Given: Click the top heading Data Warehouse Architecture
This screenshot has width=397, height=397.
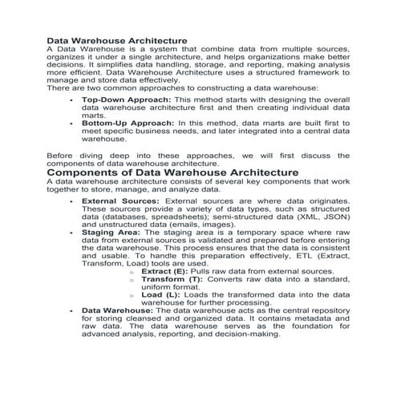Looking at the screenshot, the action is click(x=117, y=38).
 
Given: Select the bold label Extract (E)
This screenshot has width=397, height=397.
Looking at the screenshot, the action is click(x=164, y=271).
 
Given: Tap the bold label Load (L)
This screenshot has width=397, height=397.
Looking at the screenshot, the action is click(x=159, y=294).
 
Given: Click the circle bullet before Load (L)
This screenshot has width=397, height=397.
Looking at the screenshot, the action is click(x=131, y=295).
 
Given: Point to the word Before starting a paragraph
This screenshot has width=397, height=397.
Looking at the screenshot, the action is click(x=63, y=155).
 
